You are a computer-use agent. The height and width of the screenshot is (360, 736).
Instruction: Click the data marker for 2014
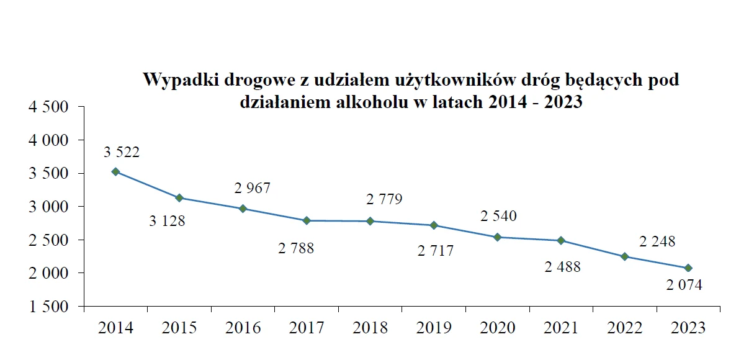click(x=115, y=171)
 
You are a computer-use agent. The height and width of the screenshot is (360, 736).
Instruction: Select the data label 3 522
click(x=122, y=152)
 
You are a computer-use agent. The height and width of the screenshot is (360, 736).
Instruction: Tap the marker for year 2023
click(x=688, y=268)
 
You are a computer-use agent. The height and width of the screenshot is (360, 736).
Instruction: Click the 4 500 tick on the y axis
click(x=47, y=107)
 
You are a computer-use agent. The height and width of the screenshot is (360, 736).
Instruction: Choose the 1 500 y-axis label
click(x=47, y=307)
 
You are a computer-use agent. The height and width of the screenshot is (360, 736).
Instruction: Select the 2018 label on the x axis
click(x=370, y=328)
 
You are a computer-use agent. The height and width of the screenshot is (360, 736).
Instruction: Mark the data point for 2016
click(x=243, y=209)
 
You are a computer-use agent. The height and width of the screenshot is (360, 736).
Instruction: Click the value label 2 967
click(x=253, y=188)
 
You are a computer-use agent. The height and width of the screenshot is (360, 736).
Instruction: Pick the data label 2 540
click(x=498, y=217)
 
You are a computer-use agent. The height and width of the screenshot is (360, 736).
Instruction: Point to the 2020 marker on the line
click(x=497, y=237)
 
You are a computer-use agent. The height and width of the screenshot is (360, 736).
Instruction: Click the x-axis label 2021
click(x=562, y=328)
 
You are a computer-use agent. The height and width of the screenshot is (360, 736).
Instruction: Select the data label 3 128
click(x=167, y=220)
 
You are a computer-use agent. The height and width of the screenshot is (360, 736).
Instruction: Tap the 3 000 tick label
click(x=47, y=207)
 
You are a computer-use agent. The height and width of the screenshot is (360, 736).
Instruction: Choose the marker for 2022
click(x=624, y=256)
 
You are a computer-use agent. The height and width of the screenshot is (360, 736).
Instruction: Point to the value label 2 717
click(x=436, y=251)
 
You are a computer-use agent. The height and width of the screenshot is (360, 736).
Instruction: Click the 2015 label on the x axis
click(x=179, y=328)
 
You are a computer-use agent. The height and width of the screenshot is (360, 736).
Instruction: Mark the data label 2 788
click(x=296, y=249)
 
